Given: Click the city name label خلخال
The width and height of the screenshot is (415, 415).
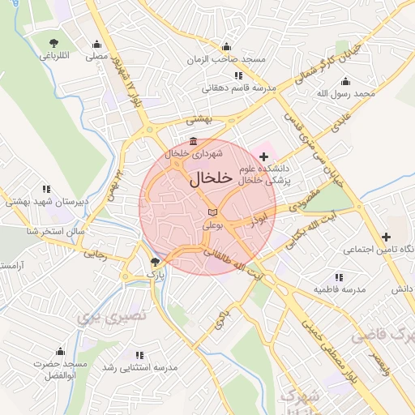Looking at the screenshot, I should (211, 178).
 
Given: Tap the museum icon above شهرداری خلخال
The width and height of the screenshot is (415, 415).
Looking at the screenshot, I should (192, 141).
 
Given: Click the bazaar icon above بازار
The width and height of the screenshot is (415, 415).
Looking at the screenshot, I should (155, 262).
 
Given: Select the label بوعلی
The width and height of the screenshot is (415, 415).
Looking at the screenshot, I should (212, 226).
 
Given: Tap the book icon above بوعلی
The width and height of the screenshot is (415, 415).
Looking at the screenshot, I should (212, 212).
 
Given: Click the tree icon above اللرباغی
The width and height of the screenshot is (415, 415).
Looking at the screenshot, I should (54, 42).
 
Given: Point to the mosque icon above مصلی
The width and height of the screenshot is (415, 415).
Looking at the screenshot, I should (97, 45).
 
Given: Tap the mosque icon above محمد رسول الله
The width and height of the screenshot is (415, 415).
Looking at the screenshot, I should (346, 81).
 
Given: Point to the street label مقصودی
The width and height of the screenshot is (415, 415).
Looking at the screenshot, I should (304, 201).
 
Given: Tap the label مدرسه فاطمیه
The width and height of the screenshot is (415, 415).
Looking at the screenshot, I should (340, 289).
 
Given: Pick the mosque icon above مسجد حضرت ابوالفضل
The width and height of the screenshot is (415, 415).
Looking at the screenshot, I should (59, 352).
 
